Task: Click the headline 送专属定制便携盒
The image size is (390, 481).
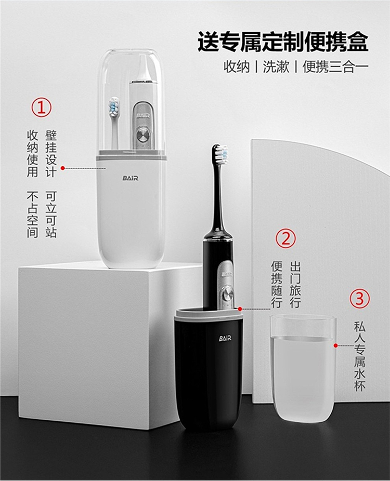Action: click(x=282, y=42)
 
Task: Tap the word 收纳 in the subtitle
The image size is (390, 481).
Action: click(x=237, y=66)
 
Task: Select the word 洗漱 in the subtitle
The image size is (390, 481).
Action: click(x=276, y=66)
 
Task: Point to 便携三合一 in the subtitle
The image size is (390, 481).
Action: click(x=335, y=66)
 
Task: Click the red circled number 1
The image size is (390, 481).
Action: click(x=42, y=107)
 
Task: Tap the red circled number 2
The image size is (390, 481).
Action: click(x=285, y=238)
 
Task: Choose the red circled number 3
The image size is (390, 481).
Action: click(x=360, y=298)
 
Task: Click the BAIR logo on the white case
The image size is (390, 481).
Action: click(x=131, y=178)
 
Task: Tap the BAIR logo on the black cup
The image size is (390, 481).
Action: click(x=225, y=338)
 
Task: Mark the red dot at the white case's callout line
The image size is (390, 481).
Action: click(x=62, y=168)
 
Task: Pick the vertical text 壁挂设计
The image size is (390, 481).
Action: click(x=51, y=154)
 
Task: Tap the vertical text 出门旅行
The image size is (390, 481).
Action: click(x=295, y=285)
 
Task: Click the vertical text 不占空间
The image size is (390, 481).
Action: click(x=33, y=215)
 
